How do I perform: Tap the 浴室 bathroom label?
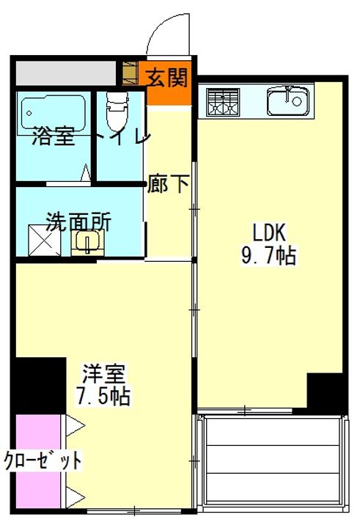[x=54, y=137]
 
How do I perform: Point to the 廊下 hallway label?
[x=168, y=183]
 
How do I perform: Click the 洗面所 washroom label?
[x=78, y=221]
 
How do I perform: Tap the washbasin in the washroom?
[x=89, y=241]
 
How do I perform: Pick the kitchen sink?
[x=287, y=101]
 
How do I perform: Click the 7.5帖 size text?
[x=103, y=397]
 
